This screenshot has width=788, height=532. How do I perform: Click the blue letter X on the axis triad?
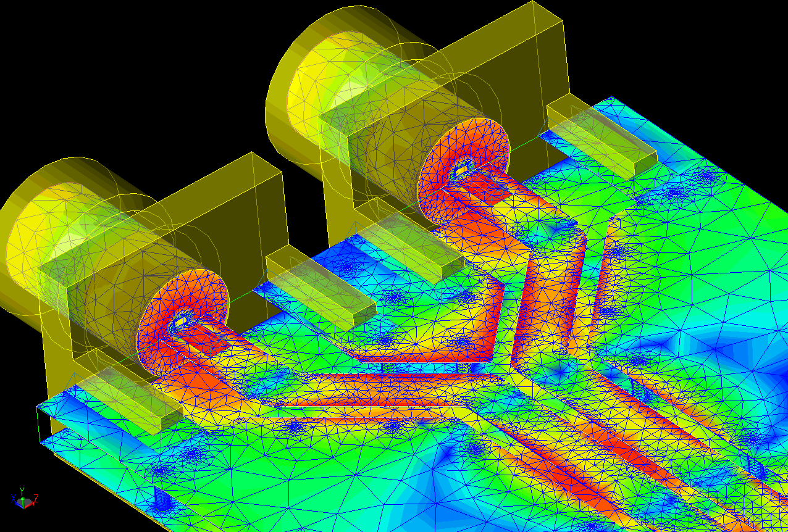pos(14,499)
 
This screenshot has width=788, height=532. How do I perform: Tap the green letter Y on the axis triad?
pos(22,491)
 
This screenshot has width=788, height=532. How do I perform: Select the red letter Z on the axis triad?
pos(36,498)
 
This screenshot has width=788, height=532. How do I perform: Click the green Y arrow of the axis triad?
pos(22,496)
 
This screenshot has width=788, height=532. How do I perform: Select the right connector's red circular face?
pos(463,171)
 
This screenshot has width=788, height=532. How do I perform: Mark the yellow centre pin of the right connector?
pos(461,170)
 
